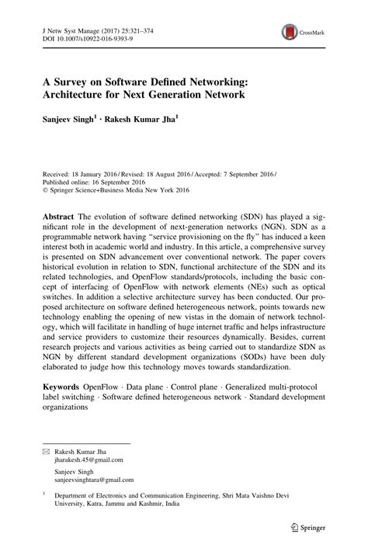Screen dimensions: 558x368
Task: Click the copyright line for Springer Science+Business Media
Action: click(116, 197)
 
